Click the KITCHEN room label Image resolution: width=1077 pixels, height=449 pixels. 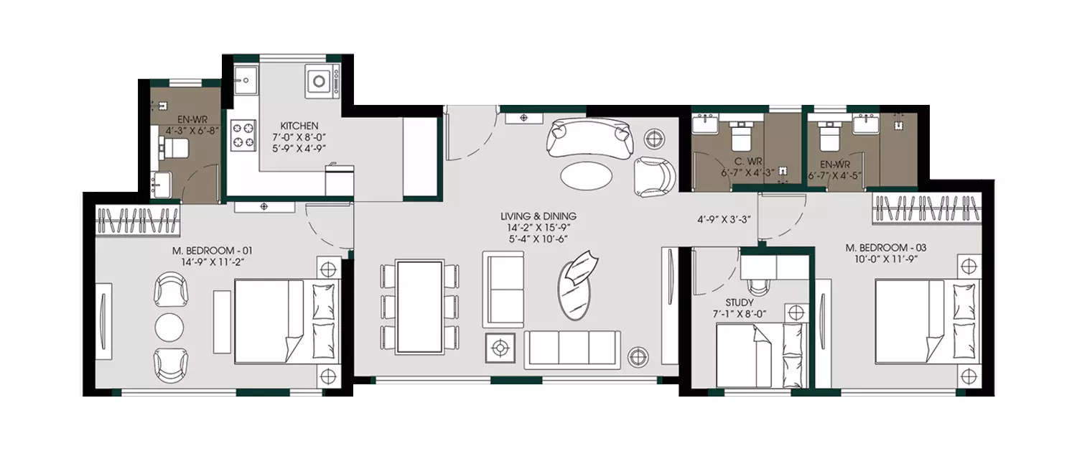295,126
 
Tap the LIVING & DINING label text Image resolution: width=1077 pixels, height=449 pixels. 538,216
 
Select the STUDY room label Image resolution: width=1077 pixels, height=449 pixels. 740,303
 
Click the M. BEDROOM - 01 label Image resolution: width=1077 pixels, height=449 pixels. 212,251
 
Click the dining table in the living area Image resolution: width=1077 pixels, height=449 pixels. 420,306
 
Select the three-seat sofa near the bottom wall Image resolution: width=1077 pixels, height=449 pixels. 573,350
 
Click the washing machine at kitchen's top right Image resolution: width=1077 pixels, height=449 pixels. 317,82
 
